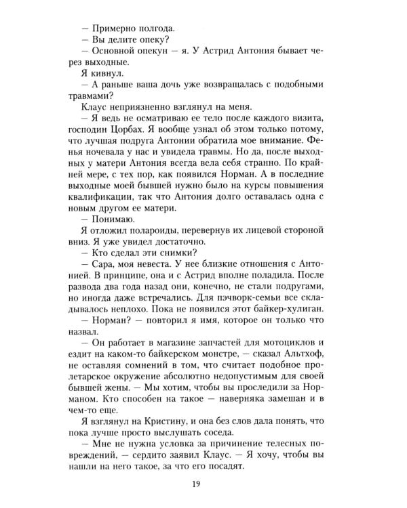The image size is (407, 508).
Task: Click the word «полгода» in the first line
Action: (x=153, y=28)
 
